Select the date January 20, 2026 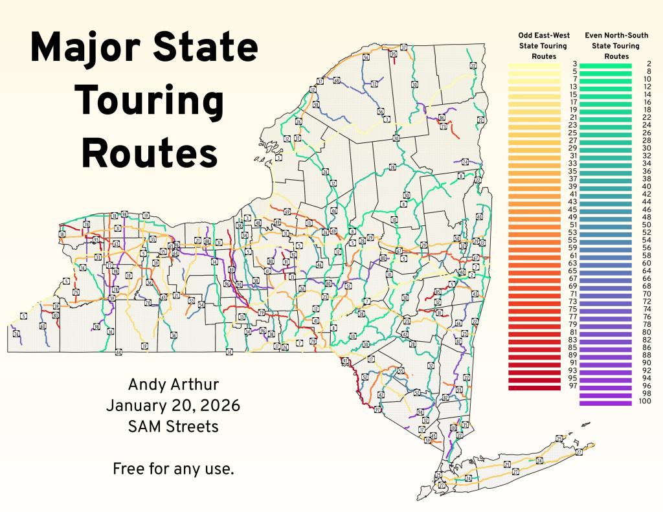tap(173, 406)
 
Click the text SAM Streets tap(173, 427)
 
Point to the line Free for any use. tap(173, 469)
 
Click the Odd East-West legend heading tap(543, 45)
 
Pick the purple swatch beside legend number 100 tap(605, 403)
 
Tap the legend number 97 tap(572, 386)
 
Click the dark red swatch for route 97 tap(534, 386)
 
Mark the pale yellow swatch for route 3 tap(534, 65)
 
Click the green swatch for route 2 tap(605, 65)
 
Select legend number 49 tap(572, 217)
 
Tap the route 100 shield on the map tap(453, 428)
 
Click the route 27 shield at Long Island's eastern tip tap(579, 452)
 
